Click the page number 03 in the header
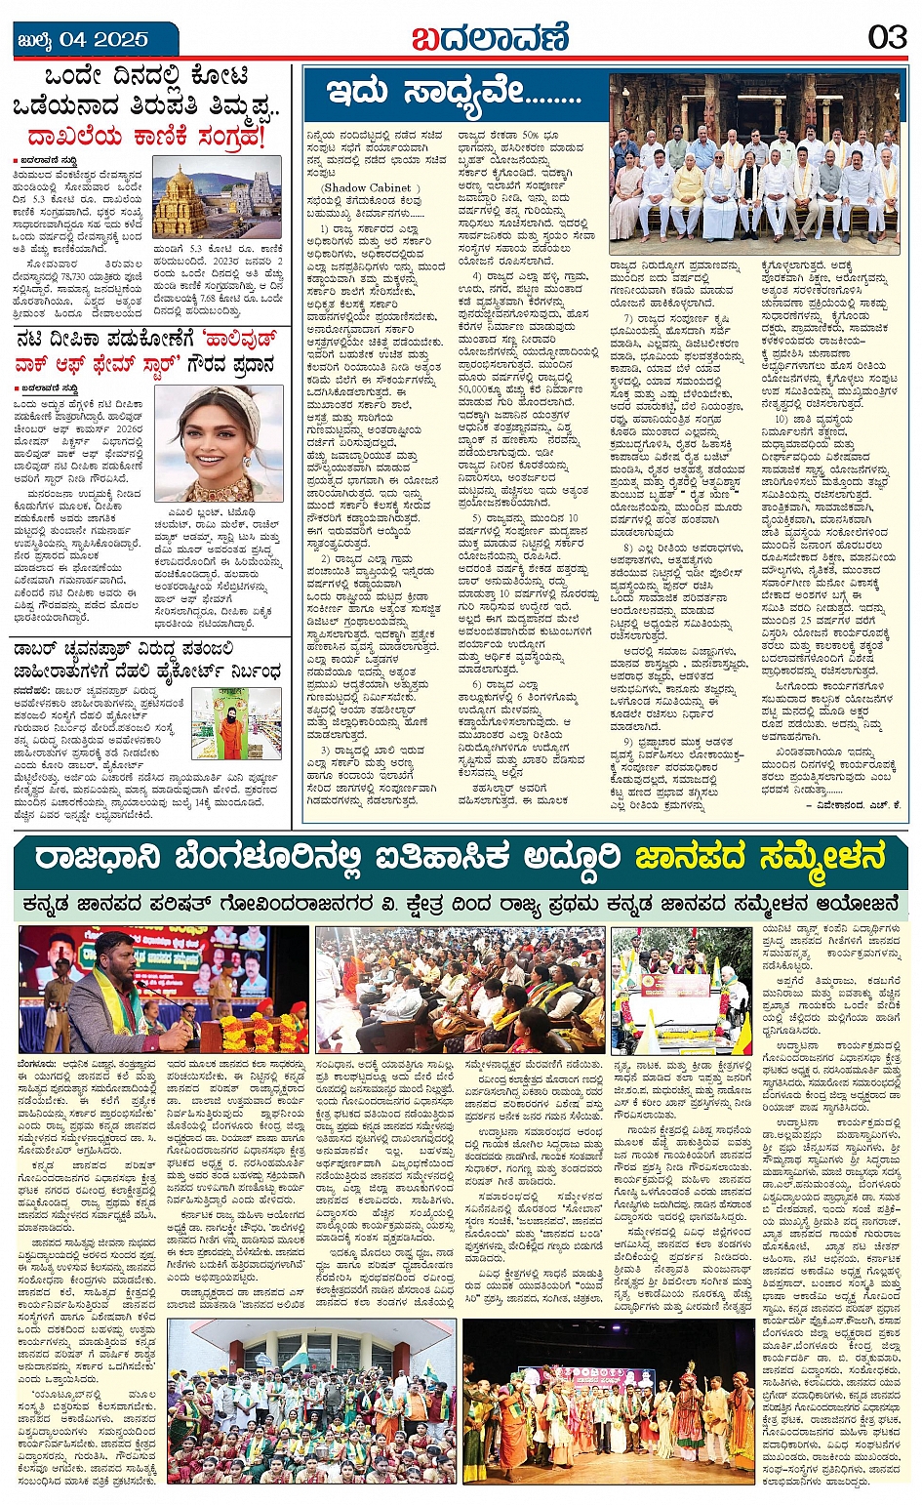click(887, 37)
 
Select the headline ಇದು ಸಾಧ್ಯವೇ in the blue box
click(454, 94)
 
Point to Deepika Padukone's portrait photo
click(218, 443)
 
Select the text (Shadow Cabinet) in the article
click(372, 187)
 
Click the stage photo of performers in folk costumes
click(608, 1402)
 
